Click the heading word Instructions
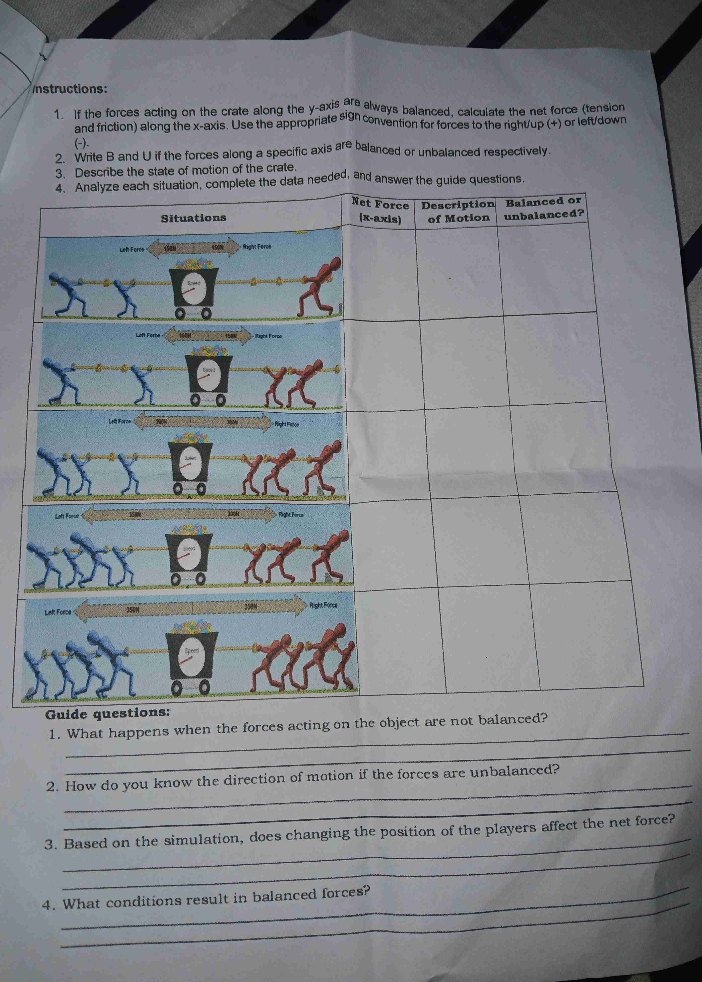(x=70, y=89)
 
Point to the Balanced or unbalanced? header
(x=544, y=208)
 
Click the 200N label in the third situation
(x=161, y=421)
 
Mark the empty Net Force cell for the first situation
(x=380, y=272)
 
